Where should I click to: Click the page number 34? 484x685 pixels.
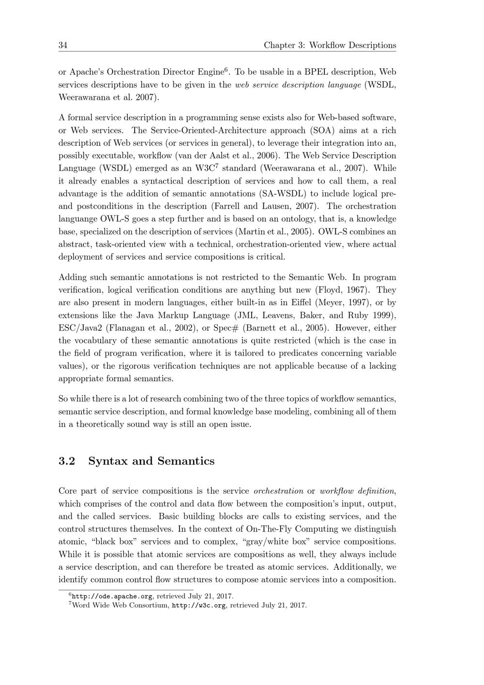click(63, 46)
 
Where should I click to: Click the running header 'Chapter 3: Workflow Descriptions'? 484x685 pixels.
click(330, 46)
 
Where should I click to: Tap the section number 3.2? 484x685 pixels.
click(67, 461)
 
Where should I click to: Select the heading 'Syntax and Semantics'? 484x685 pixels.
click(151, 461)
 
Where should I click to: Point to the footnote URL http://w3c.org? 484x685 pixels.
click(199, 605)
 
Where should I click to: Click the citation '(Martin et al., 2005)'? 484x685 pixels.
click(275, 232)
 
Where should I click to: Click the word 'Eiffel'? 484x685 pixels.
click(300, 303)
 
